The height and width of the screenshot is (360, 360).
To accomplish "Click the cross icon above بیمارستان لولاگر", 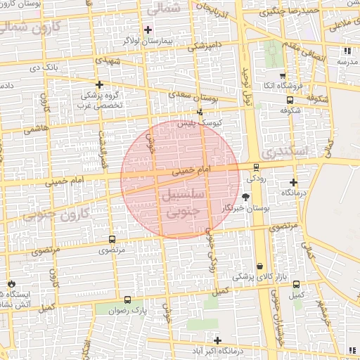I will [x=148, y=30].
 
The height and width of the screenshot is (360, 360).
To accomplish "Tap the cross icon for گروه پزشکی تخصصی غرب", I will [x=99, y=84].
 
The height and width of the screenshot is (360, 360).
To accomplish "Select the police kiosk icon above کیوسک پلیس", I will [x=200, y=112].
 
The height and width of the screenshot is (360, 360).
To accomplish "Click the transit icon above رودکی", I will [x=256, y=167].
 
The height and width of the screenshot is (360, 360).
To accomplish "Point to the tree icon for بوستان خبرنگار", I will [x=245, y=198].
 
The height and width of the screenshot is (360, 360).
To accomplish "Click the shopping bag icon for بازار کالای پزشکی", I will [x=261, y=266].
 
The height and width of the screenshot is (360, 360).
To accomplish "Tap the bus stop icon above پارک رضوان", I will [x=127, y=298].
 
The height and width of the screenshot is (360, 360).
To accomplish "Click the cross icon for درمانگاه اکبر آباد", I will [x=218, y=340].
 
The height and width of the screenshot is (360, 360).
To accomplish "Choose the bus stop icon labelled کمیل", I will [x=296, y=285].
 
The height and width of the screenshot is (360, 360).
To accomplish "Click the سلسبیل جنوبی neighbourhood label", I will [x=182, y=200].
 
